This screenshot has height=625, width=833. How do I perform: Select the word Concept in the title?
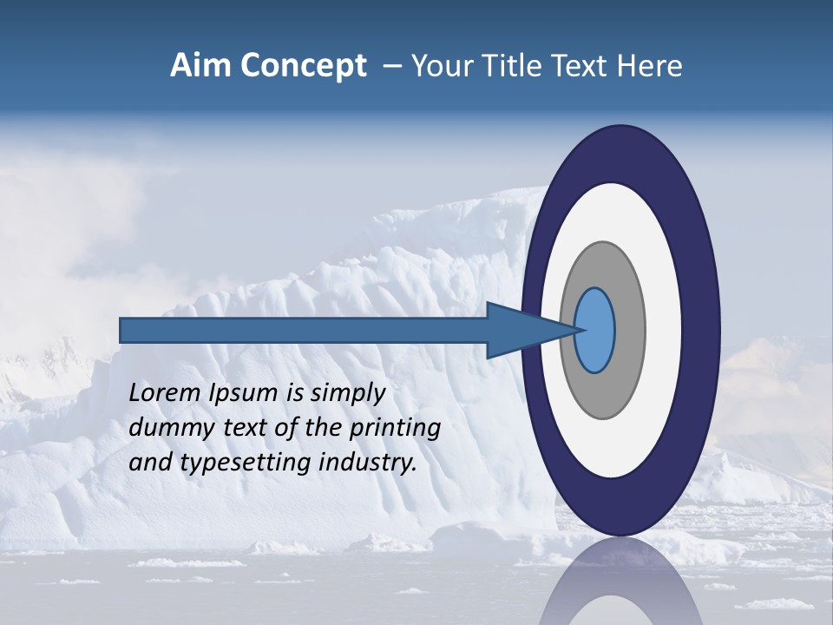(x=304, y=67)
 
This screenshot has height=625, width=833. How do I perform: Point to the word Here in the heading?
(x=652, y=66)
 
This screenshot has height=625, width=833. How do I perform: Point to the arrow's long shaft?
(x=304, y=331)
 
